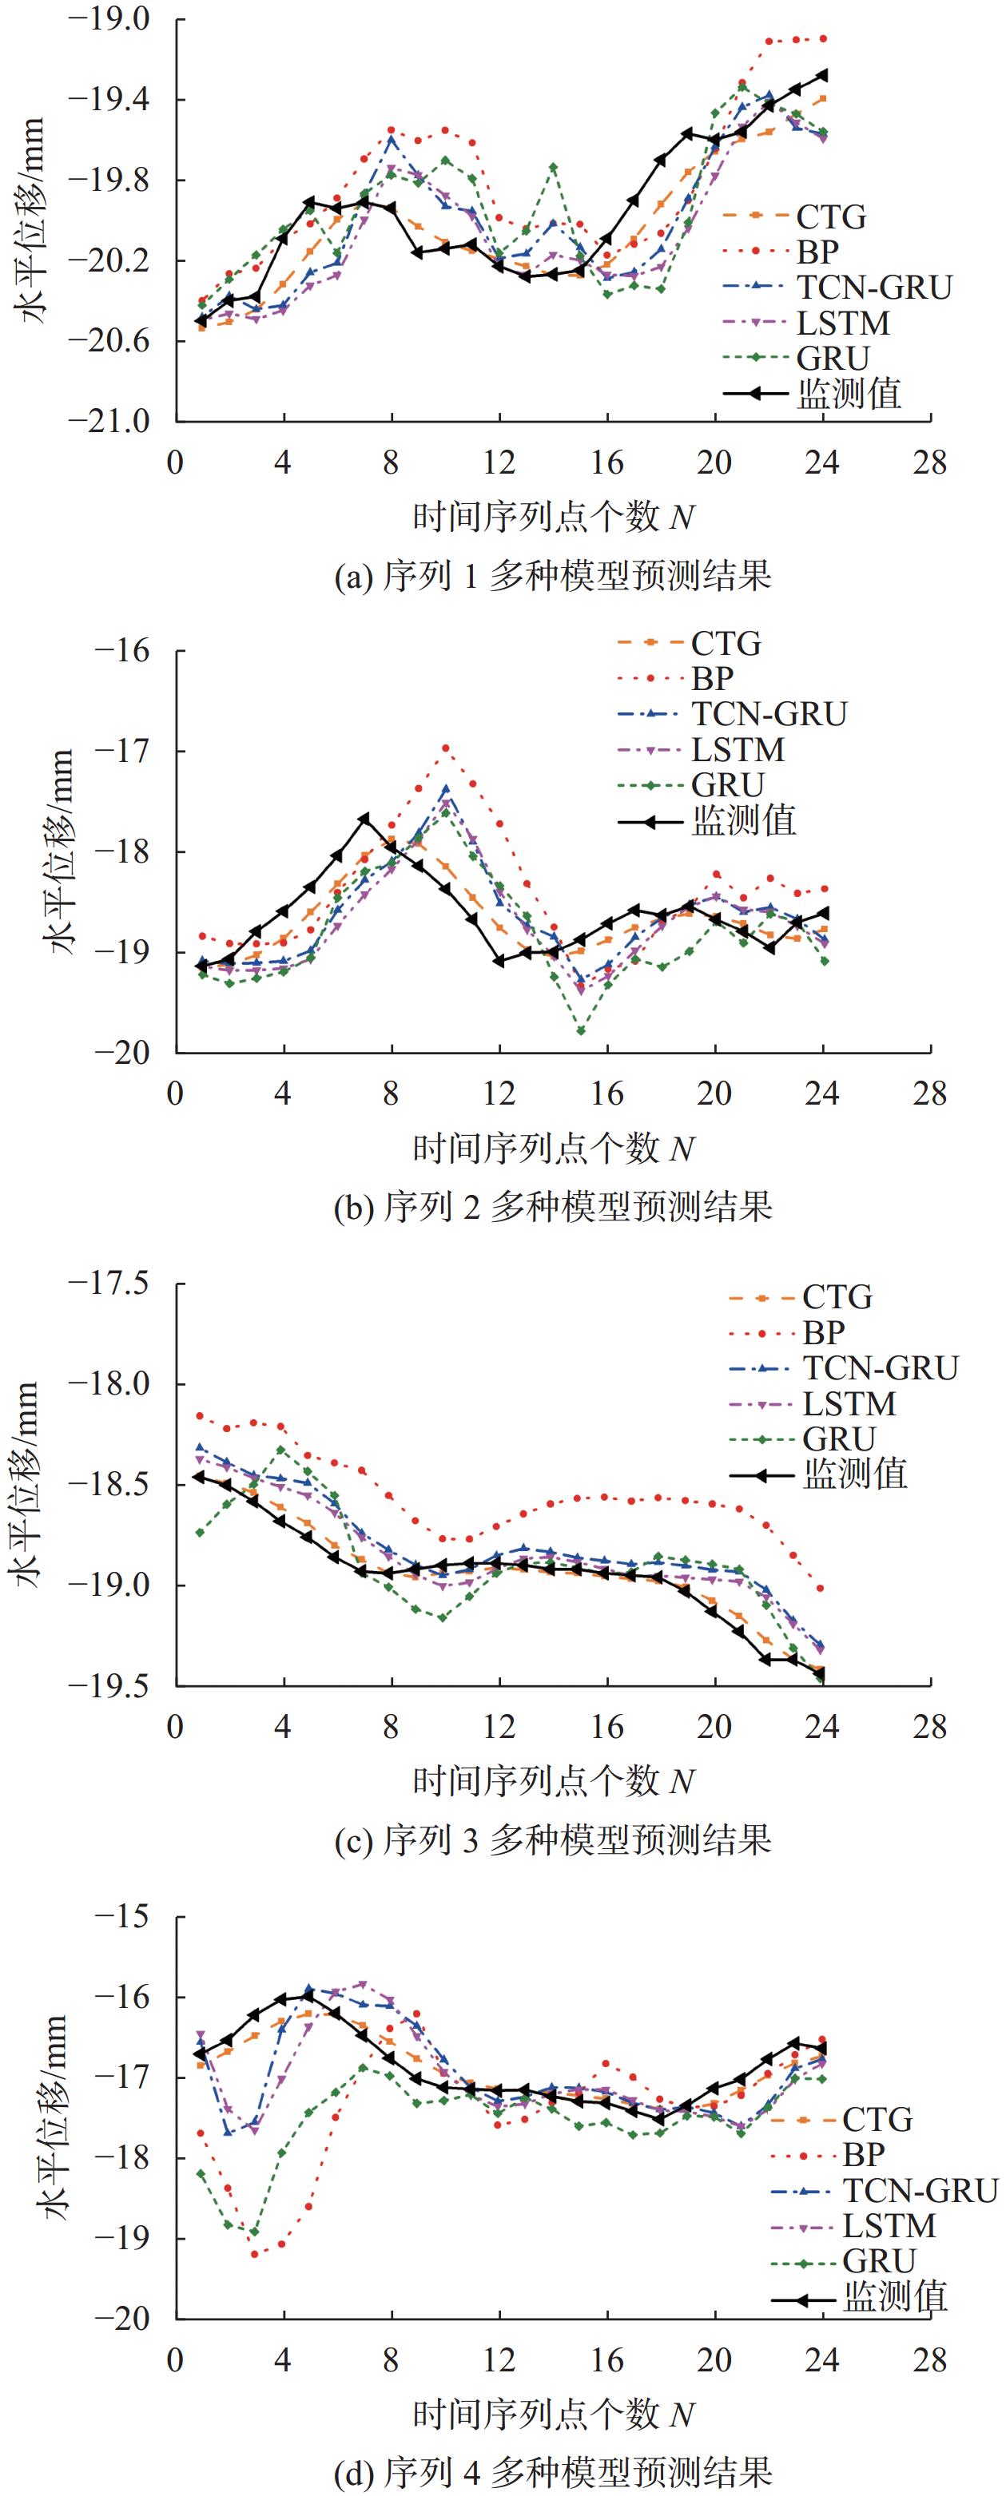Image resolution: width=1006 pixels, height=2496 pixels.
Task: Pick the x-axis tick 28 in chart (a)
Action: tap(929, 462)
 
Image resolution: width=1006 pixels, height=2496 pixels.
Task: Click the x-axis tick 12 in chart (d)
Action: tap(499, 2359)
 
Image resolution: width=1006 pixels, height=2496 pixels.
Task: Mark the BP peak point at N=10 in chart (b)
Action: tap(446, 747)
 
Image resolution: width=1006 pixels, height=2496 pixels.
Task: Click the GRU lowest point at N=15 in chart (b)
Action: tap(581, 1031)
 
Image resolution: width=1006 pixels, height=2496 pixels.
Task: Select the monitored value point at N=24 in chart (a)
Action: tap(823, 74)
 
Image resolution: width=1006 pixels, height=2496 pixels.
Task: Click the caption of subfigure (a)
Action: tap(552, 577)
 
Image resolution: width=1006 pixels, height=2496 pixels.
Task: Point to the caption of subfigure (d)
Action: tap(552, 2470)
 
